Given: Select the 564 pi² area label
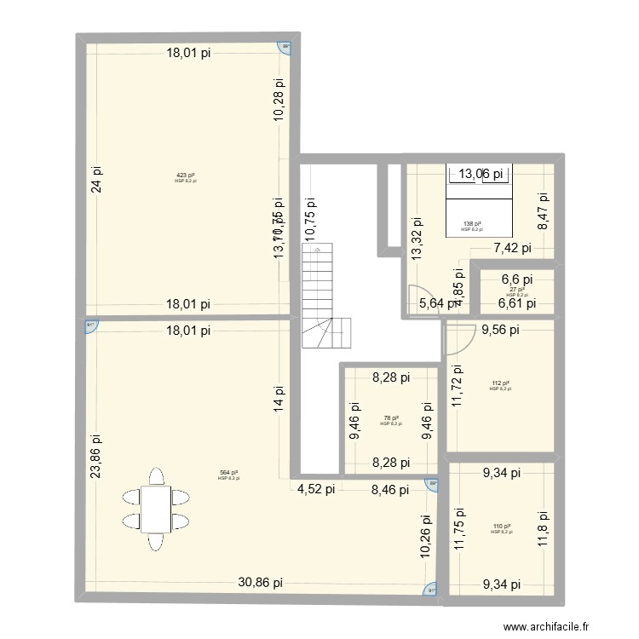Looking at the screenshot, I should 228,473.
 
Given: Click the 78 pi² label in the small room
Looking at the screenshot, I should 391,417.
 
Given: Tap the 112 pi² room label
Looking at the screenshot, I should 500,383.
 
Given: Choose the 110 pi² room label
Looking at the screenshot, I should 501,527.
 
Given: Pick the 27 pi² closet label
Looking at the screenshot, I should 516,290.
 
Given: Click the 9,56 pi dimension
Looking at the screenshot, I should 502,331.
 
